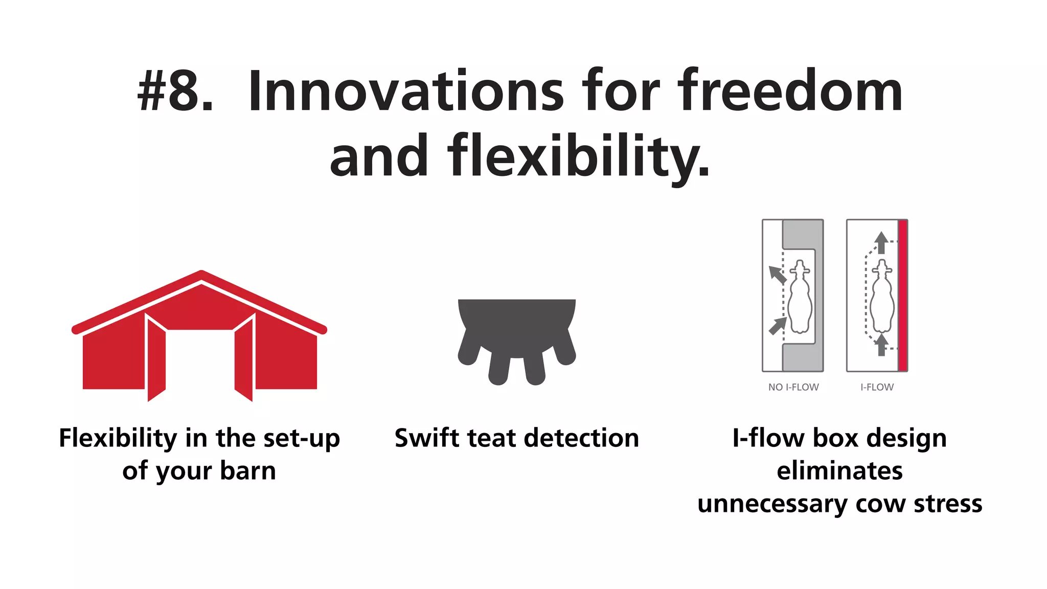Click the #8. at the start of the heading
(174, 92)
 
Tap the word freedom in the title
(790, 92)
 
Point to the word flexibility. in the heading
(579, 156)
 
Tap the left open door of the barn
(156, 358)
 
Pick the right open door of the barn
(244, 358)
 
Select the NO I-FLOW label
(793, 388)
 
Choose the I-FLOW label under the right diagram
(877, 388)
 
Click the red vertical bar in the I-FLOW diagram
(903, 295)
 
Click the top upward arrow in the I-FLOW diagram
(881, 242)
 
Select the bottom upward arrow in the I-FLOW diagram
(881, 345)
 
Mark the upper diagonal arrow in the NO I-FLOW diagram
(778, 275)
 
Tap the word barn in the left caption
(248, 471)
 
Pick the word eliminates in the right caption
(839, 471)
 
